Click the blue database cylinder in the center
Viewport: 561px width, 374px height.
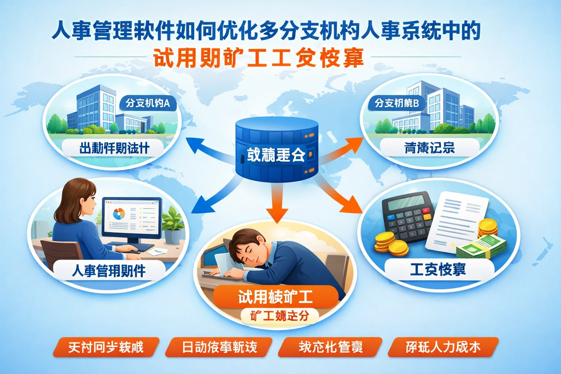(276, 150)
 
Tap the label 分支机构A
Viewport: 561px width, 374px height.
(148, 103)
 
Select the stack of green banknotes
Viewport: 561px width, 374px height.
(482, 247)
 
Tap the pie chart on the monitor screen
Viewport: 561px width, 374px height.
(119, 214)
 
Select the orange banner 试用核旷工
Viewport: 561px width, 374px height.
(275, 297)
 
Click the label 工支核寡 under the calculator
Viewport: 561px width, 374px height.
(438, 270)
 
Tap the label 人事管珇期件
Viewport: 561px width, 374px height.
(109, 271)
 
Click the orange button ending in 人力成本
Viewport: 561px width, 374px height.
(443, 347)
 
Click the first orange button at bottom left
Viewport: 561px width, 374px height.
(106, 347)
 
